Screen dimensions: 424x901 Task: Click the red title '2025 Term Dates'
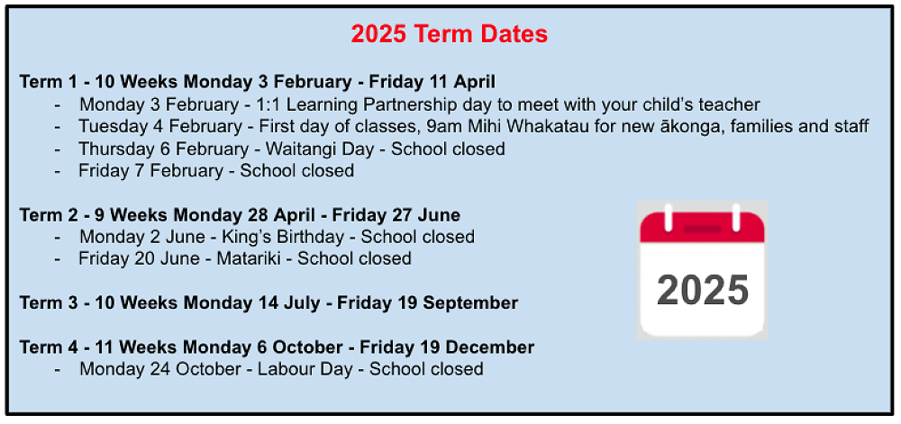tap(449, 34)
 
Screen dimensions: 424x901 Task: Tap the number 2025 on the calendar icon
tap(703, 291)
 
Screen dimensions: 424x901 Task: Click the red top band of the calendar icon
tap(702, 228)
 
